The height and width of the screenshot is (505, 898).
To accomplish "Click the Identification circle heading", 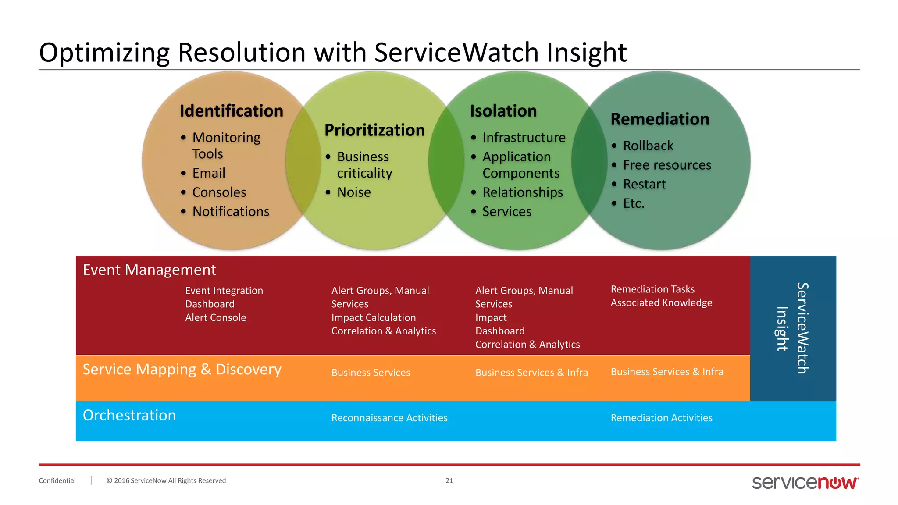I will tap(232, 111).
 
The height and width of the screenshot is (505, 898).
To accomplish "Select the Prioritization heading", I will tap(374, 130).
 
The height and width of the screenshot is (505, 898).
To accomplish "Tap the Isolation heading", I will tap(503, 111).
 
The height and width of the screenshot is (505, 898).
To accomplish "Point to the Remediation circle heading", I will tap(659, 119).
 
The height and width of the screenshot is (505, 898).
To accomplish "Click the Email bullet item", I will tap(209, 173).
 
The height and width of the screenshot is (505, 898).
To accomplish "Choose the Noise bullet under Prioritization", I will tap(353, 192).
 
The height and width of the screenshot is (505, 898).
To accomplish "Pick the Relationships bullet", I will tap(522, 192).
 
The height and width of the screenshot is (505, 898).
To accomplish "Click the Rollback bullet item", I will tap(648, 146).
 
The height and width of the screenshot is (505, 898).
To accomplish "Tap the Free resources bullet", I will tap(666, 165).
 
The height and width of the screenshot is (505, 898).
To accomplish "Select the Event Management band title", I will tap(149, 270).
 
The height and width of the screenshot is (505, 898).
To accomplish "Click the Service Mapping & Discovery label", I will tap(182, 370).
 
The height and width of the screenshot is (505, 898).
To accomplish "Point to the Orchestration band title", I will tap(129, 415).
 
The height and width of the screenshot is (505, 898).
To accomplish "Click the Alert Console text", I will tap(215, 317).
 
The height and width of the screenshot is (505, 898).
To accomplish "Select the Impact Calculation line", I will tap(373, 317).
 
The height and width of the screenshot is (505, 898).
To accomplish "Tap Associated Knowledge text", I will tap(661, 303).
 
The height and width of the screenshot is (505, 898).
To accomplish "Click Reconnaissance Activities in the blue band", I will tap(389, 418).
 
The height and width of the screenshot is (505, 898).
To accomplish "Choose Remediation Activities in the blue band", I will tap(661, 418).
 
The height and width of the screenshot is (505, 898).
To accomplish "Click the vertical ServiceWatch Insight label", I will tap(793, 328).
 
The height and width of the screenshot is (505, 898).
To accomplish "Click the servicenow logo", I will tap(805, 482).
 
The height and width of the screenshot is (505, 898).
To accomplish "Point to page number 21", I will tap(449, 480).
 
